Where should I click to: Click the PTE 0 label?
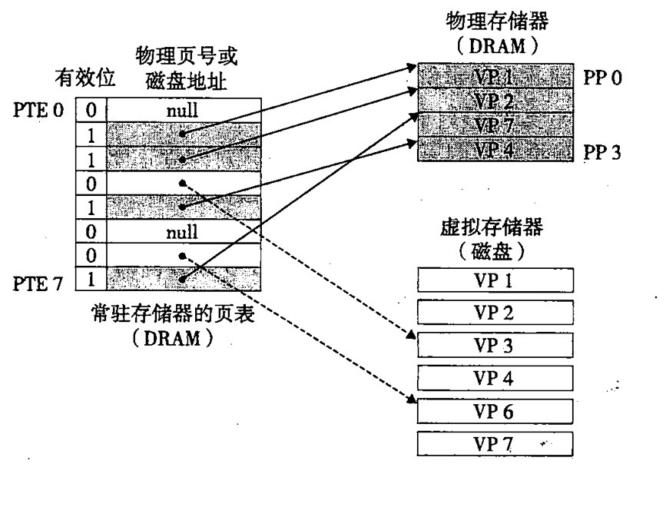pos(38,111)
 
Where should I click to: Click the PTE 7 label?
pos(38,285)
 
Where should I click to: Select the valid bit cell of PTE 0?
pos(91,111)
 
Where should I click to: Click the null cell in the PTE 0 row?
pos(182,111)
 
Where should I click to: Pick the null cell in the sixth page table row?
pos(182,230)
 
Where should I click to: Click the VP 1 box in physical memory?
pos(495,77)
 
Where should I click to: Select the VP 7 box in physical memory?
pos(495,124)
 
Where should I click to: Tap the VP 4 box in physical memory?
pos(495,149)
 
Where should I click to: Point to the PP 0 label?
pos(603,78)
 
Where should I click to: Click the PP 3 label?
pos(603,151)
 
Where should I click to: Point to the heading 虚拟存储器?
pos(492,228)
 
